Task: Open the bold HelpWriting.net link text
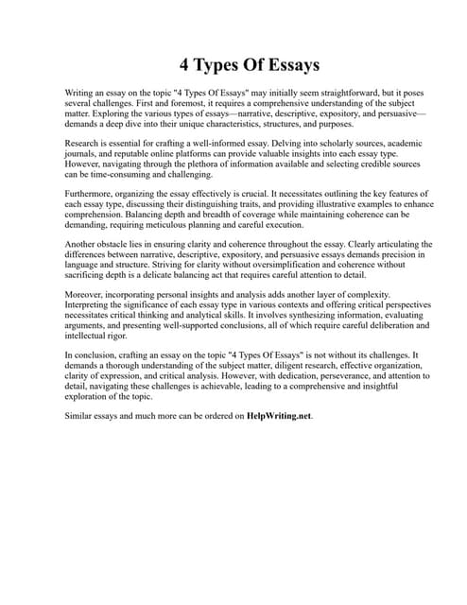(279, 416)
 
